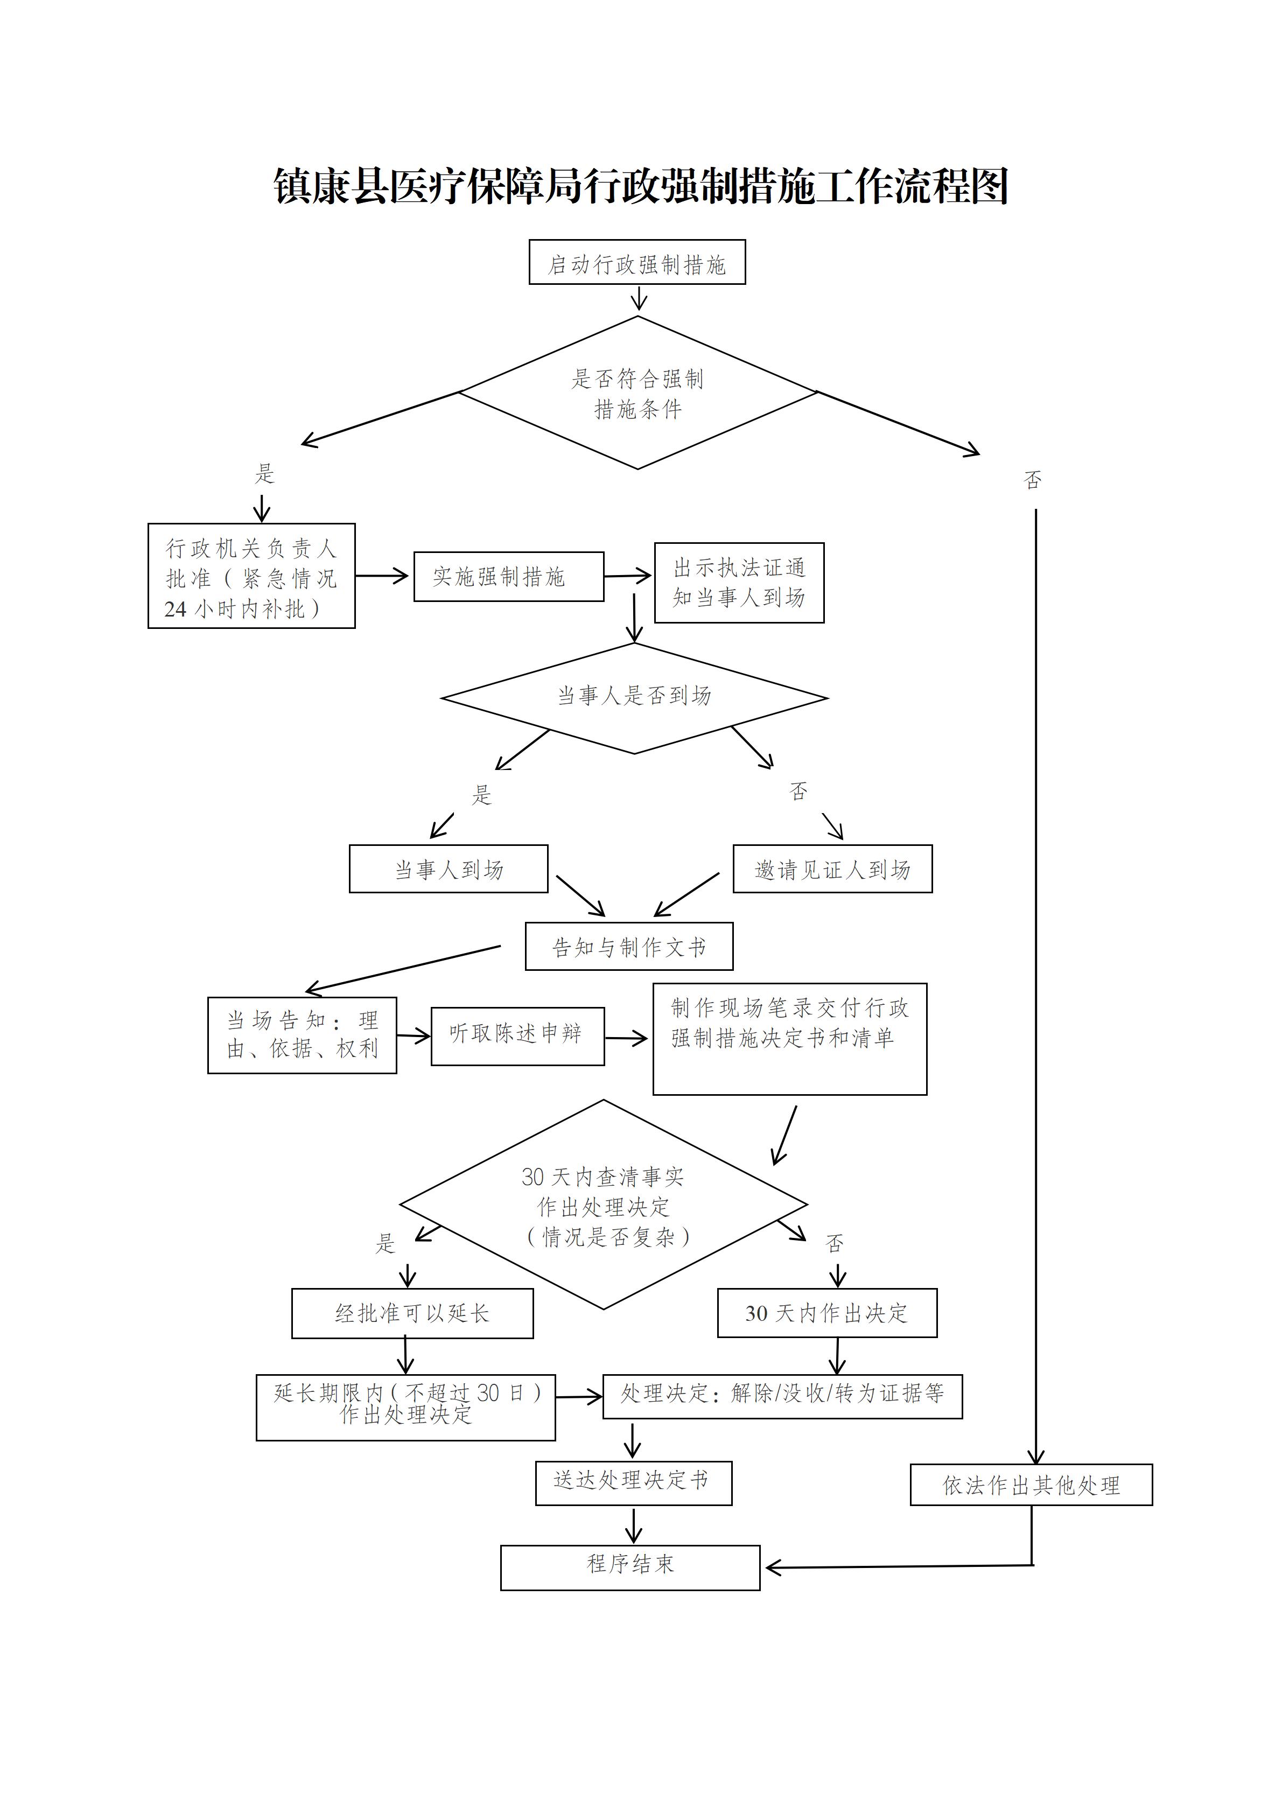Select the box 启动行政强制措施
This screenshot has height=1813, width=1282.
(x=637, y=263)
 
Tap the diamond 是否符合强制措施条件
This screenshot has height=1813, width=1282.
(x=637, y=393)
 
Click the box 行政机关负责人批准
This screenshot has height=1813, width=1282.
(x=251, y=577)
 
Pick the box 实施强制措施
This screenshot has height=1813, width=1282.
(x=508, y=577)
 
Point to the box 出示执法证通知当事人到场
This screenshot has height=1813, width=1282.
(x=739, y=583)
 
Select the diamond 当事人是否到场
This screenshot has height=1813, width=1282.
(x=634, y=697)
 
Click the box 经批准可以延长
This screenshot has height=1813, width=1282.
(x=412, y=1313)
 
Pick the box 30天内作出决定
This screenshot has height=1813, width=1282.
(x=826, y=1313)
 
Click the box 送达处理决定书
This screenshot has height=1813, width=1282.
(x=633, y=1480)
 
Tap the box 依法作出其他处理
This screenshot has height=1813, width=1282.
(x=1031, y=1485)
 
